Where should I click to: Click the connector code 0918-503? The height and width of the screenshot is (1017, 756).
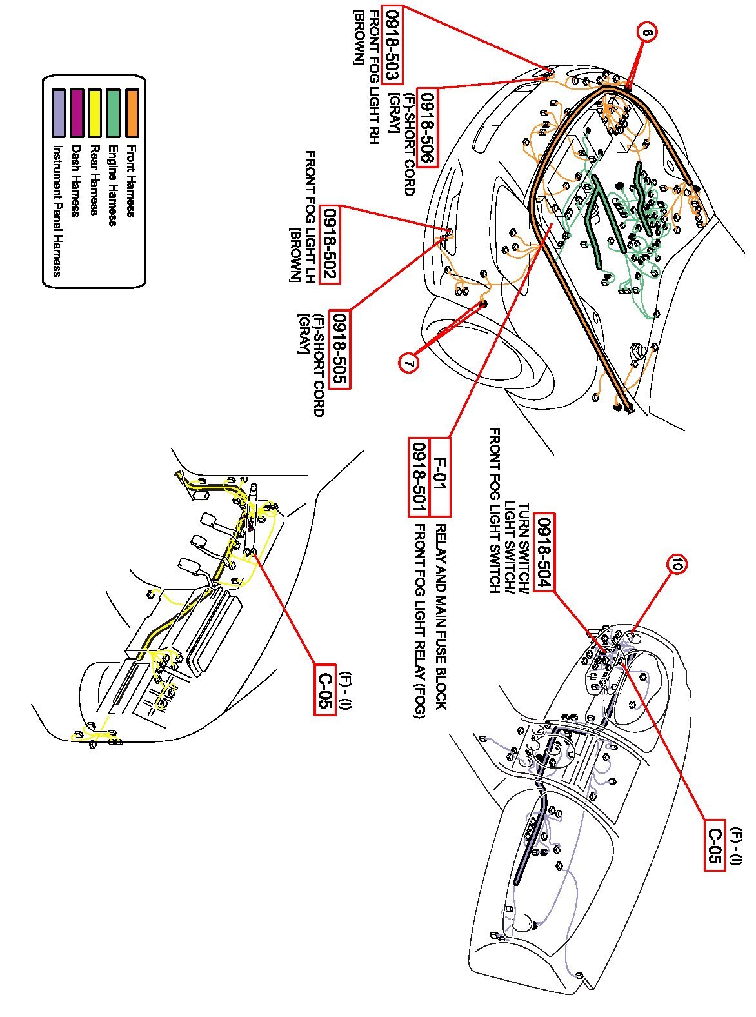point(390,44)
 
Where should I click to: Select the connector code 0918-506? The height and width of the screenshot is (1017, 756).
point(427,127)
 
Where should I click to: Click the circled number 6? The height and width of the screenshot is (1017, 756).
point(647,32)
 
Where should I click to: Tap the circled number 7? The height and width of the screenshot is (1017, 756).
point(408,363)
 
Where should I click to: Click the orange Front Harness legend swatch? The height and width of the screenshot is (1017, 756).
point(132,113)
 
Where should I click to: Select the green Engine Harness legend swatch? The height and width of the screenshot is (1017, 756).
point(114,113)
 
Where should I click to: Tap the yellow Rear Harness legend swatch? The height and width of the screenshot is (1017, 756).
point(95,113)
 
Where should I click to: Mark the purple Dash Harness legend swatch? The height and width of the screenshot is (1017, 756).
point(77,113)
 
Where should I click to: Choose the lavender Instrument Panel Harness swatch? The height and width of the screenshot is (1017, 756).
point(58,113)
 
